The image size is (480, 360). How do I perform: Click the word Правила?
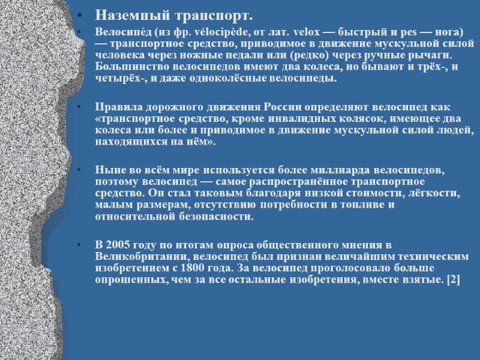point(119,107)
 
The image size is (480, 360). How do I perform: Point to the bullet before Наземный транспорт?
point(82,15)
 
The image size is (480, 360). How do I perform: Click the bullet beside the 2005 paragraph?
point(82,245)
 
